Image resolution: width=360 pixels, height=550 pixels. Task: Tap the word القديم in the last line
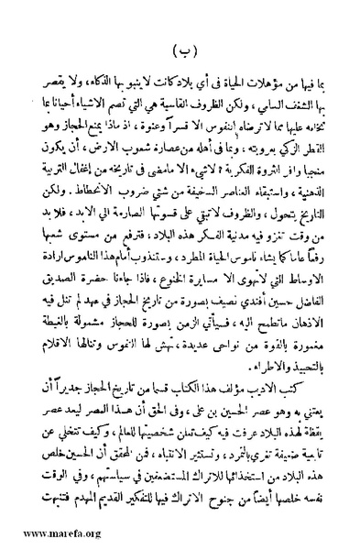[97, 528]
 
